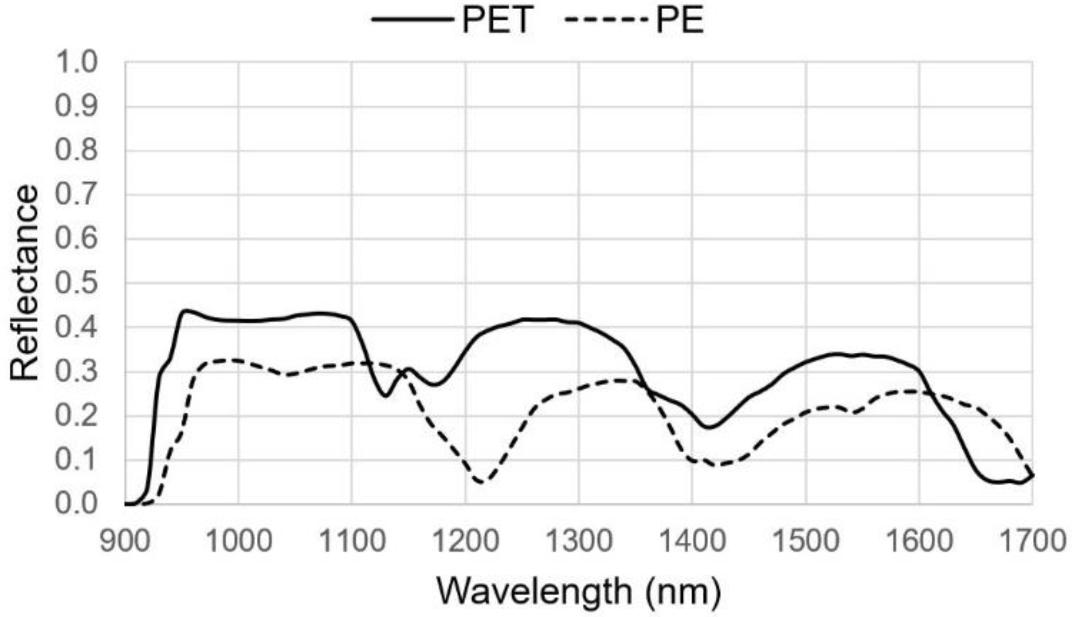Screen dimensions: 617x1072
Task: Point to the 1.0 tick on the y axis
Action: (76, 62)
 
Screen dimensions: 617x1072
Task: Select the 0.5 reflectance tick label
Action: (76, 283)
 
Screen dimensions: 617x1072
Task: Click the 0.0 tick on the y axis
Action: (76, 504)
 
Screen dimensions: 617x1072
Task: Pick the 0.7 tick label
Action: (76, 195)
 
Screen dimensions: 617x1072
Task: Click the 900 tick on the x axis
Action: (125, 542)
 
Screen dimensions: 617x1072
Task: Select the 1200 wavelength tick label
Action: (465, 542)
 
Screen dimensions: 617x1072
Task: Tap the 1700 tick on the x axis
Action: (1032, 542)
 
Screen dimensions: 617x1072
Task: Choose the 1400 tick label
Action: (692, 542)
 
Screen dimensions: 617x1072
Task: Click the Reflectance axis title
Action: (25, 283)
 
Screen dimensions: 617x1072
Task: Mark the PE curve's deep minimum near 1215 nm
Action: (482, 482)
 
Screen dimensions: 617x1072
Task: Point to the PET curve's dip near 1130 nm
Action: (385, 396)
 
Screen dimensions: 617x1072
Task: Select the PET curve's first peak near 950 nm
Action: (185, 311)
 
